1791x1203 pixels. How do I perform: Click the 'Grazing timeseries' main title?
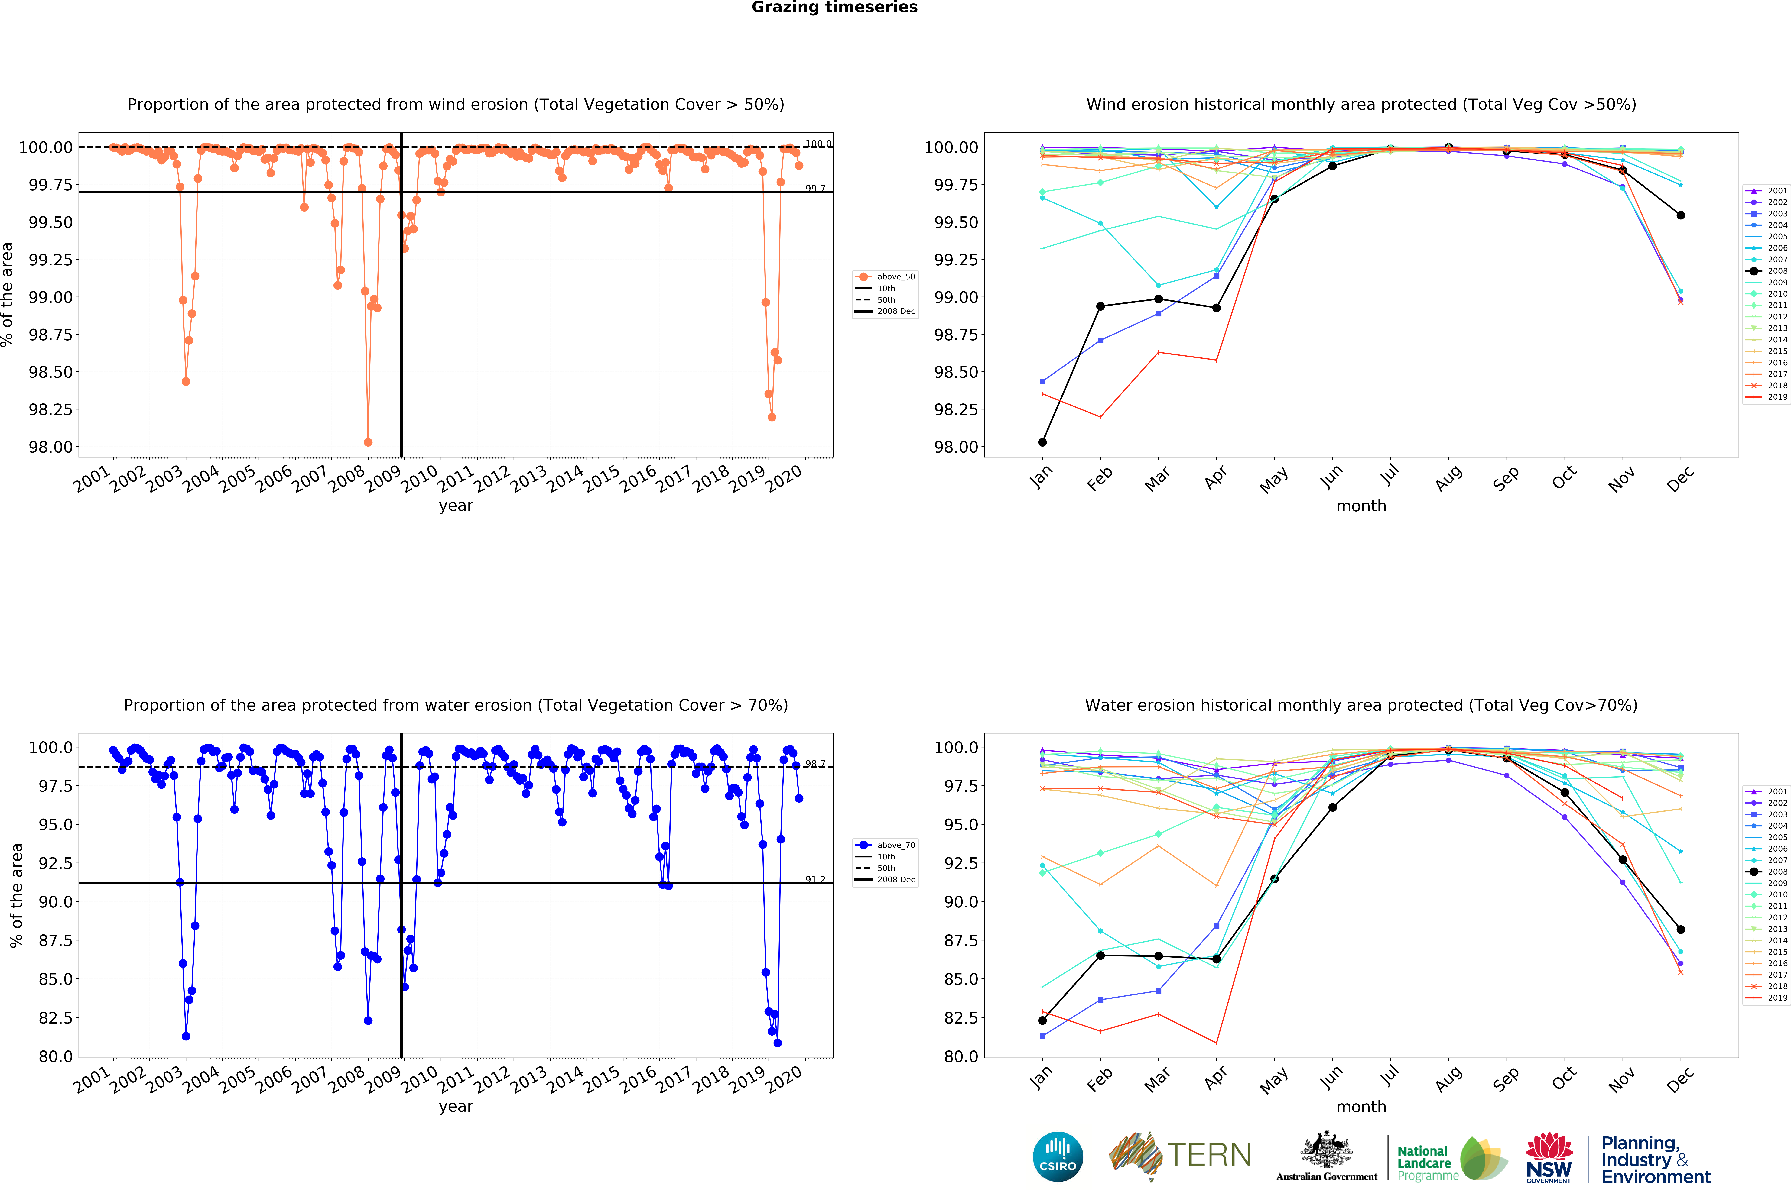click(834, 8)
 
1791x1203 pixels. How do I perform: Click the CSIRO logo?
click(1057, 1156)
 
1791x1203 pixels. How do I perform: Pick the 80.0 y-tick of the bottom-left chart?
click(55, 1056)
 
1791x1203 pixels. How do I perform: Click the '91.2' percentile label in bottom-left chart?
click(815, 879)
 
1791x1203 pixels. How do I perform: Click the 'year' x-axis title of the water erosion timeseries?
click(456, 1106)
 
